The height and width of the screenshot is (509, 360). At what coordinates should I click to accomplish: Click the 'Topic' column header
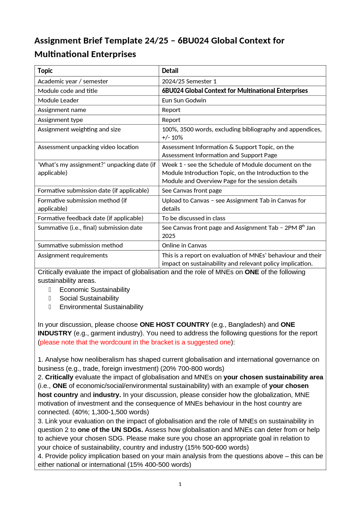[x=45, y=71]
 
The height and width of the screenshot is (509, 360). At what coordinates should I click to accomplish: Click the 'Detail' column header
[x=170, y=71]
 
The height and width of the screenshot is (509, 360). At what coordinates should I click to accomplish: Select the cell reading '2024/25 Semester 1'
[x=189, y=81]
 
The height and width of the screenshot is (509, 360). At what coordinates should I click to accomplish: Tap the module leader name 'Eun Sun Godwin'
[x=184, y=100]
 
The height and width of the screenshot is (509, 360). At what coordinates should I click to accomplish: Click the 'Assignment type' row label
[x=60, y=120]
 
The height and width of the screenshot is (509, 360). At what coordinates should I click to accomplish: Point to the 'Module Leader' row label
[x=58, y=100]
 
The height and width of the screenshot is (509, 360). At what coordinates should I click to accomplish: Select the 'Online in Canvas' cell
[x=184, y=245]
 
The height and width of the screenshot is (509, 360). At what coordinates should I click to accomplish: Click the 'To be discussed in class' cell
[x=194, y=218]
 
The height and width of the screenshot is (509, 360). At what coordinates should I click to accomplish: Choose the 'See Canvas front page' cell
[x=192, y=190]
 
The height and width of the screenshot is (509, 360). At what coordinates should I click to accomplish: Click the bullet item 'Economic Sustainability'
[x=94, y=290]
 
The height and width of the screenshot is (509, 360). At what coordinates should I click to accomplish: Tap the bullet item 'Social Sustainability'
[x=89, y=298]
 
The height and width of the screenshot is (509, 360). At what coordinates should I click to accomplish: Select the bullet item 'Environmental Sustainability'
[x=101, y=307]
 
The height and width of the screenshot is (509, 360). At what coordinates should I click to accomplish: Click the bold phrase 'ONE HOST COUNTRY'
[x=175, y=325]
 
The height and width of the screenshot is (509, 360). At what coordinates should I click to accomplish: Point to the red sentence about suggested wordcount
[x=135, y=342]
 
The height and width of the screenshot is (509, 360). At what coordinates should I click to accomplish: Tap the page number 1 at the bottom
[x=180, y=484]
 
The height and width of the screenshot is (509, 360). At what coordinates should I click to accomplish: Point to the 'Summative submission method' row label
[x=80, y=245]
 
